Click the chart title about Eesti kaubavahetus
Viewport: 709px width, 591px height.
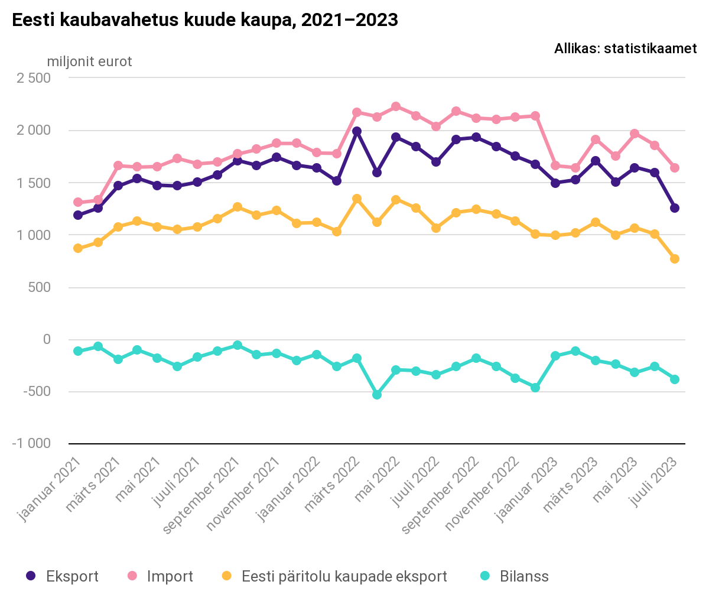(205, 20)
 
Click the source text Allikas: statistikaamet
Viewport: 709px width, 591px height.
(625, 49)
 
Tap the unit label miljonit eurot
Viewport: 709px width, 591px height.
(89, 61)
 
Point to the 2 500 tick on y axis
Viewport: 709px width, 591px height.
(34, 78)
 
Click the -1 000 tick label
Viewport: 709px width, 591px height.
(31, 444)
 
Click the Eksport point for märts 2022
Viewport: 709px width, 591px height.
(357, 131)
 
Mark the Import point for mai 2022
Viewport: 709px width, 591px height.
(396, 106)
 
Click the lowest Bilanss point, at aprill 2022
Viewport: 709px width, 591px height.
(376, 395)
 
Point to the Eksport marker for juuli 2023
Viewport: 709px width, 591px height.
(674, 208)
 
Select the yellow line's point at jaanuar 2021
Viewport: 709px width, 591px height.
(78, 248)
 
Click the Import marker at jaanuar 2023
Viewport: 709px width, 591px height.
(555, 165)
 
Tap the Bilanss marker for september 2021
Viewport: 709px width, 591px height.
(237, 345)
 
